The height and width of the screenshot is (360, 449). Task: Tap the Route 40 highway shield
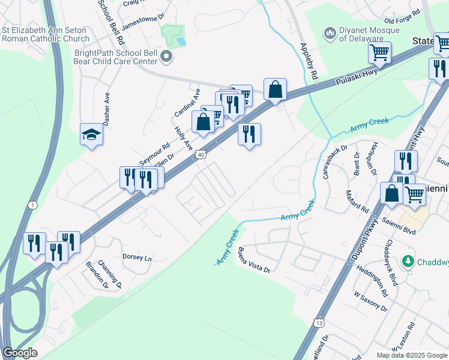[200, 155]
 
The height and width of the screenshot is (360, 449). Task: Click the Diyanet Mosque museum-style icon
[329, 34]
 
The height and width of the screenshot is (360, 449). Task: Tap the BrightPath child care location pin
[167, 58]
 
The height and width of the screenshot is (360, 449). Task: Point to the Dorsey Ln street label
[137, 257]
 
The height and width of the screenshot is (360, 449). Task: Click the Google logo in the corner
[20, 353]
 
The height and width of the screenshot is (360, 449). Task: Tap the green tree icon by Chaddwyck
[408, 262]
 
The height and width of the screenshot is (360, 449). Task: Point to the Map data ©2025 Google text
[411, 355]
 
